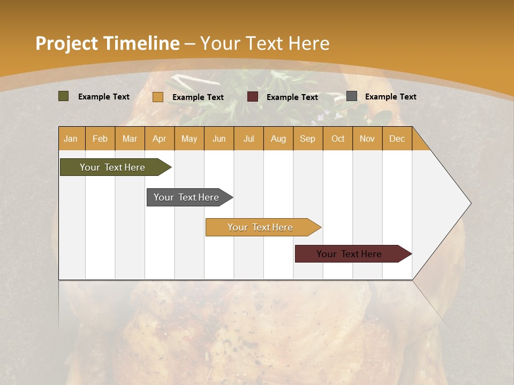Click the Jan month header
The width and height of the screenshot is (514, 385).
[x=71, y=138]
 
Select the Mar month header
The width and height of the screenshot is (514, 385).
[x=130, y=138]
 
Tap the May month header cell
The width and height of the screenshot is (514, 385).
[x=189, y=138]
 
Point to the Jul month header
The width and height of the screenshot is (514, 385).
[x=248, y=138]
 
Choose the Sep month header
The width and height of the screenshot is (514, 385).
[x=307, y=138]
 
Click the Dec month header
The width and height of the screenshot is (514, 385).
[x=397, y=138]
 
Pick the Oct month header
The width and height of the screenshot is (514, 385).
[x=338, y=138]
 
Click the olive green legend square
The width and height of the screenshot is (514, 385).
[x=64, y=96]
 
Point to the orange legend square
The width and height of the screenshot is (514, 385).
[x=158, y=97]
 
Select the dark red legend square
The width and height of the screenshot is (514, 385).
[x=253, y=96]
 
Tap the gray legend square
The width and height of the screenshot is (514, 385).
[x=352, y=96]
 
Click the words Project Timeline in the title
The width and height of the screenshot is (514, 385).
[x=108, y=43]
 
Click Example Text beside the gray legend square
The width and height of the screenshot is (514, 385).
[x=390, y=97]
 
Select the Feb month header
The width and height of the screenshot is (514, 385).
[x=100, y=138]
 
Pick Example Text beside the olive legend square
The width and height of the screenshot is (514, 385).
[x=104, y=97]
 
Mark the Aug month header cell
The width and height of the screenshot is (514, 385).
[x=278, y=138]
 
